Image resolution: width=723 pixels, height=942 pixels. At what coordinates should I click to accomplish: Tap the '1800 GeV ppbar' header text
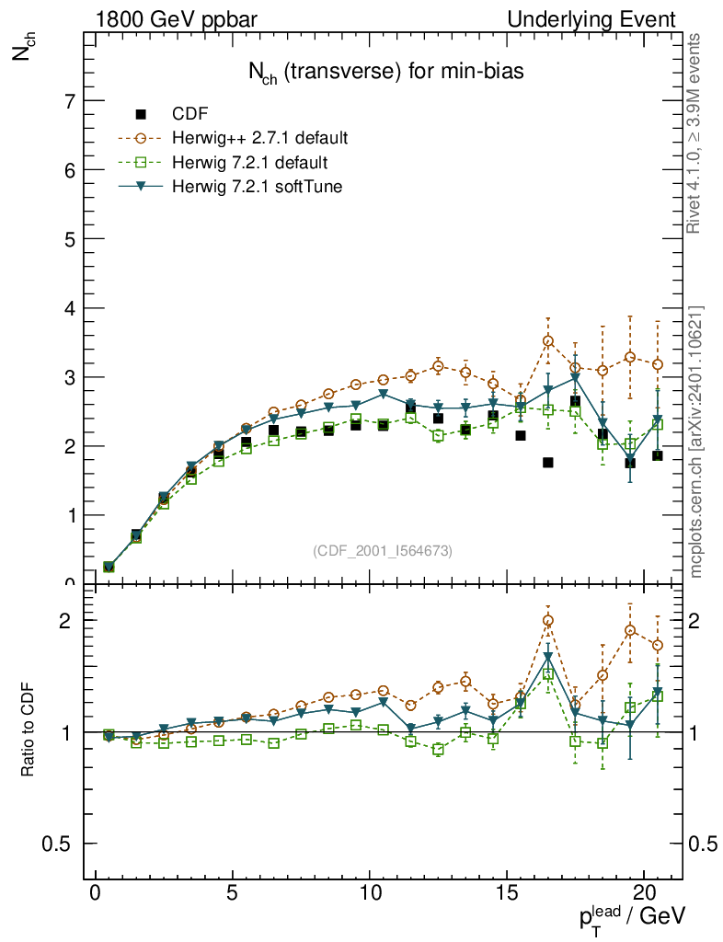pos(168,19)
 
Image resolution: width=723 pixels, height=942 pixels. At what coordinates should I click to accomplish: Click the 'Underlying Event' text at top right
pos(604,19)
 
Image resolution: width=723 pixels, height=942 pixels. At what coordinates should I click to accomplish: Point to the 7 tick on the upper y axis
pos(70,101)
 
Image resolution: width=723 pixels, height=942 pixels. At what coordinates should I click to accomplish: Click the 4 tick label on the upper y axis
pos(70,308)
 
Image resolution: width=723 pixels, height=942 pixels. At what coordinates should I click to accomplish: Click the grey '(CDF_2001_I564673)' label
pos(383,551)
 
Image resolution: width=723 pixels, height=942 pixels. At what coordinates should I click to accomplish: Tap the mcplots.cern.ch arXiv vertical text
pos(697,442)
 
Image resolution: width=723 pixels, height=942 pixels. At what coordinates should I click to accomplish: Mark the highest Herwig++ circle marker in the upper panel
pos(548,341)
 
